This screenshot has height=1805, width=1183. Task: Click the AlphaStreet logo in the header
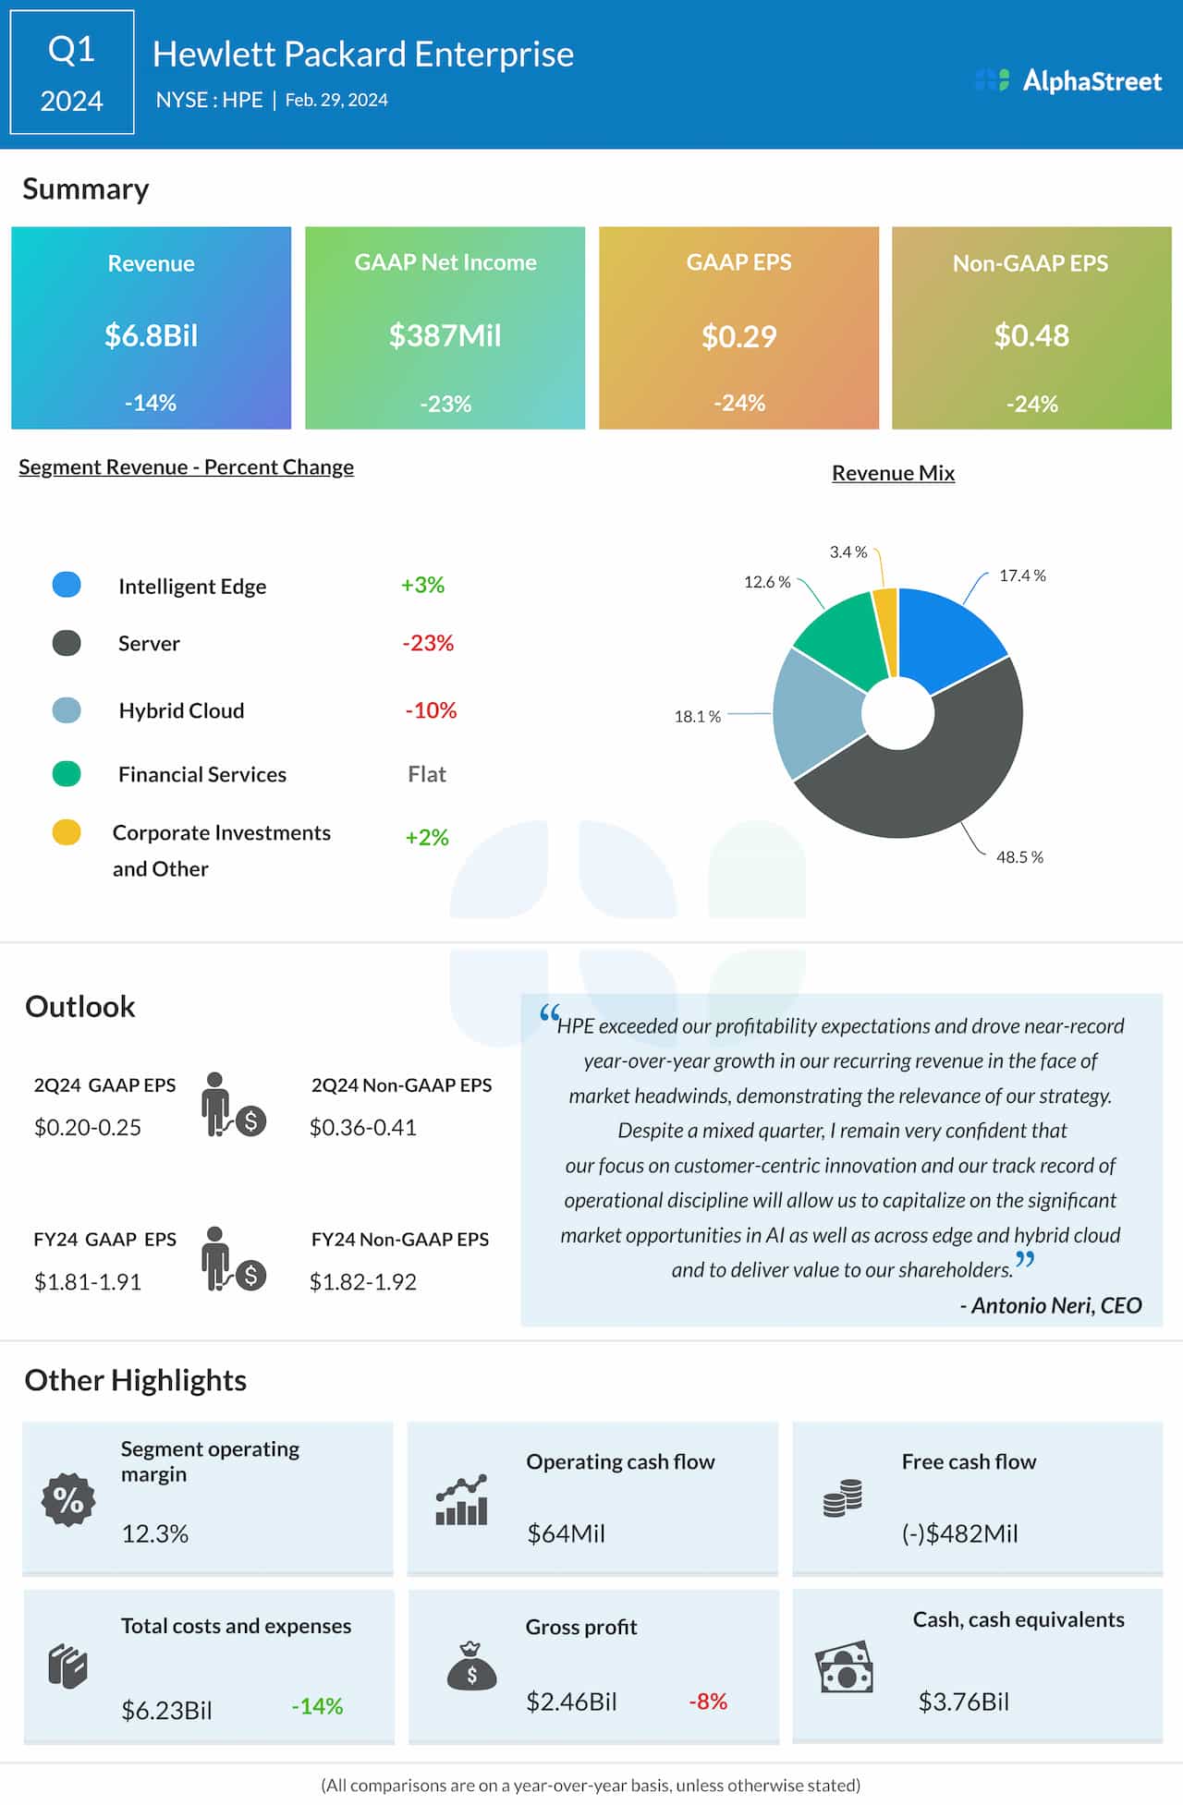[1069, 81]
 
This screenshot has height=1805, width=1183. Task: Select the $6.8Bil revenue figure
[151, 335]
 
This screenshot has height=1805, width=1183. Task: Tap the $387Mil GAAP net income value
[445, 335]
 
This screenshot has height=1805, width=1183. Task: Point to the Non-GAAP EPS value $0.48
[1031, 335]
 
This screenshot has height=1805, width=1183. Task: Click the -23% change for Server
[428, 643]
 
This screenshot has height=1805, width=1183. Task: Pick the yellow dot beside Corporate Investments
[67, 832]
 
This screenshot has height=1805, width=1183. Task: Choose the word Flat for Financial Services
[427, 774]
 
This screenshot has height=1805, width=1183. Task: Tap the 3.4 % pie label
[848, 552]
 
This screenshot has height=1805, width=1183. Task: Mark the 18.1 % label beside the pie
[697, 716]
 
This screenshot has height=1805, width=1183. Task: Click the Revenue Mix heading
[893, 473]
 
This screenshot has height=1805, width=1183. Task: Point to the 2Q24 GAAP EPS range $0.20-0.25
[88, 1127]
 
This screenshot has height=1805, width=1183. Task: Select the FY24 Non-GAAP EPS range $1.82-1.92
[363, 1281]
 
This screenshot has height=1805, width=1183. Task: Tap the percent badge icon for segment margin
[68, 1499]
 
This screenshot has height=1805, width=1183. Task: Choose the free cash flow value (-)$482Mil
[959, 1533]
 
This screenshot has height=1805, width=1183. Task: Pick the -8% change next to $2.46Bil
[708, 1701]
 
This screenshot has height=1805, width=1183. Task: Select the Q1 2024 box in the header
[72, 73]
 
